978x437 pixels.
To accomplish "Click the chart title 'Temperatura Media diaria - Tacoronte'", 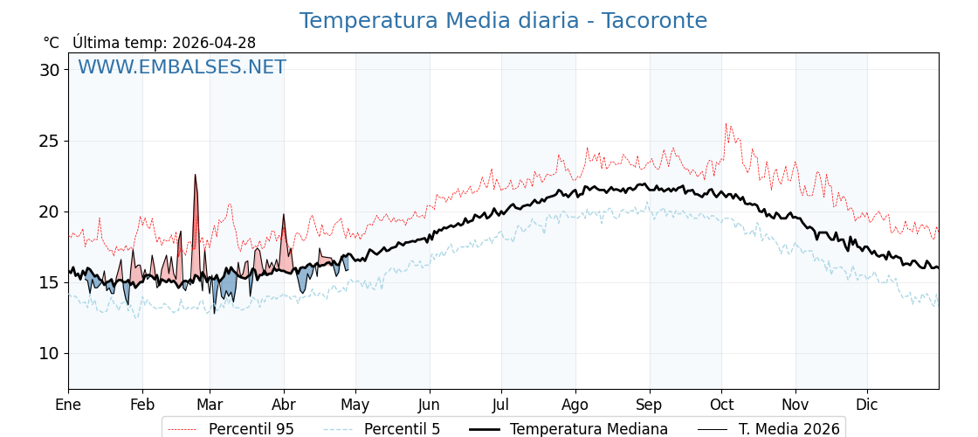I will coord(503,21).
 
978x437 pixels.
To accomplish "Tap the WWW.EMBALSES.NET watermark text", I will coord(182,67).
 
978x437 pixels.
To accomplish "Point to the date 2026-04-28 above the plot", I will coord(214,43).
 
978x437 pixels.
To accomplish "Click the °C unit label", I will coord(51,43).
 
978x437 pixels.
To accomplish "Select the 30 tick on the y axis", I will coord(49,70).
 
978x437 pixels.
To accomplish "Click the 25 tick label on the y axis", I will coord(49,141).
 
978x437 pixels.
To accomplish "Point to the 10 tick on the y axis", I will coord(49,353).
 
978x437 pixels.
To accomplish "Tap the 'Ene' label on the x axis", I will coord(68,405).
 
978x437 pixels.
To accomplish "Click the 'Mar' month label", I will coord(210,405).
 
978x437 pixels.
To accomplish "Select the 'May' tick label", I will coord(355,405).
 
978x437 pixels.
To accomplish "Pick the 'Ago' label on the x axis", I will coord(575,405).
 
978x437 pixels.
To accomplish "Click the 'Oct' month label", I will coord(721,405).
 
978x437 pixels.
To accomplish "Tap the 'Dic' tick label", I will coord(867,405).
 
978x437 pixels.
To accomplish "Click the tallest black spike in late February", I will coord(196,176).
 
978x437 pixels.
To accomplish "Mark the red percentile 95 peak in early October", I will coord(726,125).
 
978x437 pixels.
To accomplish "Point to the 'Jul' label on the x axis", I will coord(501,405).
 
